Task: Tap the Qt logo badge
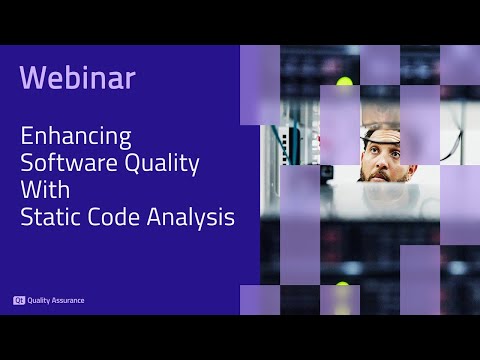[19, 299]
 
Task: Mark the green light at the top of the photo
[345, 82]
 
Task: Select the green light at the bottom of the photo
[343, 289]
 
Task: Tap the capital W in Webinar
[32, 78]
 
